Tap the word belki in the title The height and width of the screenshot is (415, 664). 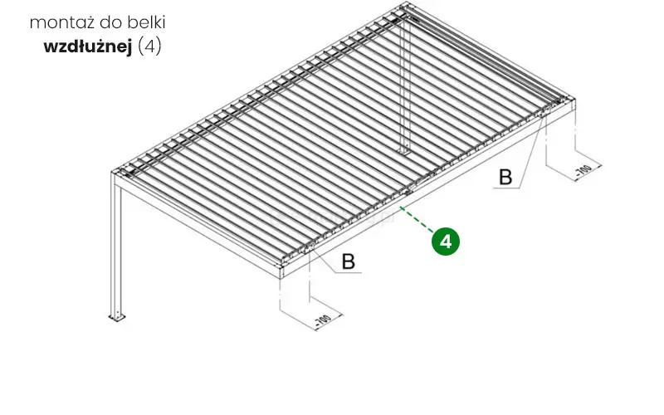(x=149, y=22)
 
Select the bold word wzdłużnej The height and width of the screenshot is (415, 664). (x=88, y=46)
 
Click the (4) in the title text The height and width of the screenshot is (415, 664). (x=149, y=46)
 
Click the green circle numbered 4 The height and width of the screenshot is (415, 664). (x=446, y=242)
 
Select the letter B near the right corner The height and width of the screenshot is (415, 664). (x=505, y=177)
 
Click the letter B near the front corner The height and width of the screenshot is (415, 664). (x=348, y=261)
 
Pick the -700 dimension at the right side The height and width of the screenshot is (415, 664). (x=583, y=170)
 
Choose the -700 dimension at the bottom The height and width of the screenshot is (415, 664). (x=323, y=320)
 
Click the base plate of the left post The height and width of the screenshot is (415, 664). (x=117, y=317)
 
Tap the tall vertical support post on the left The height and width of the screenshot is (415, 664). (x=116, y=245)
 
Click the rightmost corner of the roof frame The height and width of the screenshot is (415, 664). (x=574, y=100)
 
